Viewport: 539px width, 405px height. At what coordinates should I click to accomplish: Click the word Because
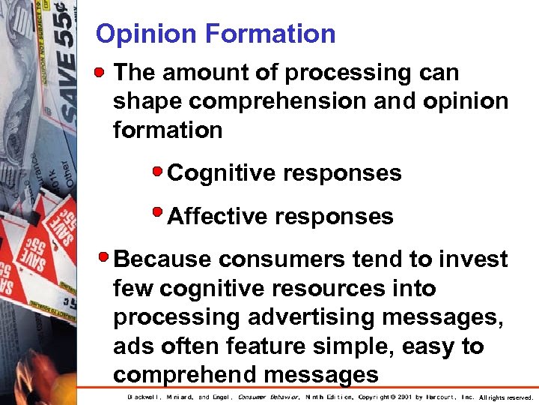pyautogui.click(x=162, y=259)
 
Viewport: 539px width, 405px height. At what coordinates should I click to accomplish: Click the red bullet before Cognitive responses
pyautogui.click(x=157, y=171)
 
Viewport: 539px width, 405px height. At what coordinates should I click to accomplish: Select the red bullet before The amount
pyautogui.click(x=103, y=71)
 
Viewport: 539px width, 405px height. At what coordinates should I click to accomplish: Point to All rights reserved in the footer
pyautogui.click(x=505, y=397)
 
